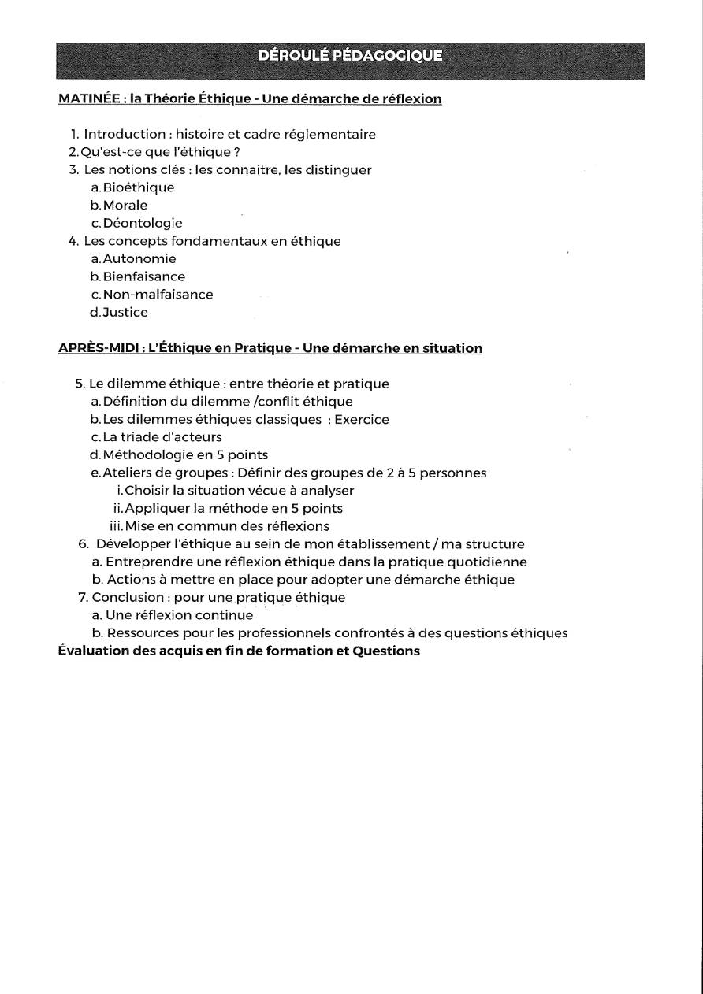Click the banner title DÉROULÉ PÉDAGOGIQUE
click(350, 56)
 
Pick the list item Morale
click(125, 206)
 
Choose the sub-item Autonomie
click(139, 258)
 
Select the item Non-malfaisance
click(158, 295)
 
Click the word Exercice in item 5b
click(362, 420)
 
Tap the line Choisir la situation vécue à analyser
click(240, 491)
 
